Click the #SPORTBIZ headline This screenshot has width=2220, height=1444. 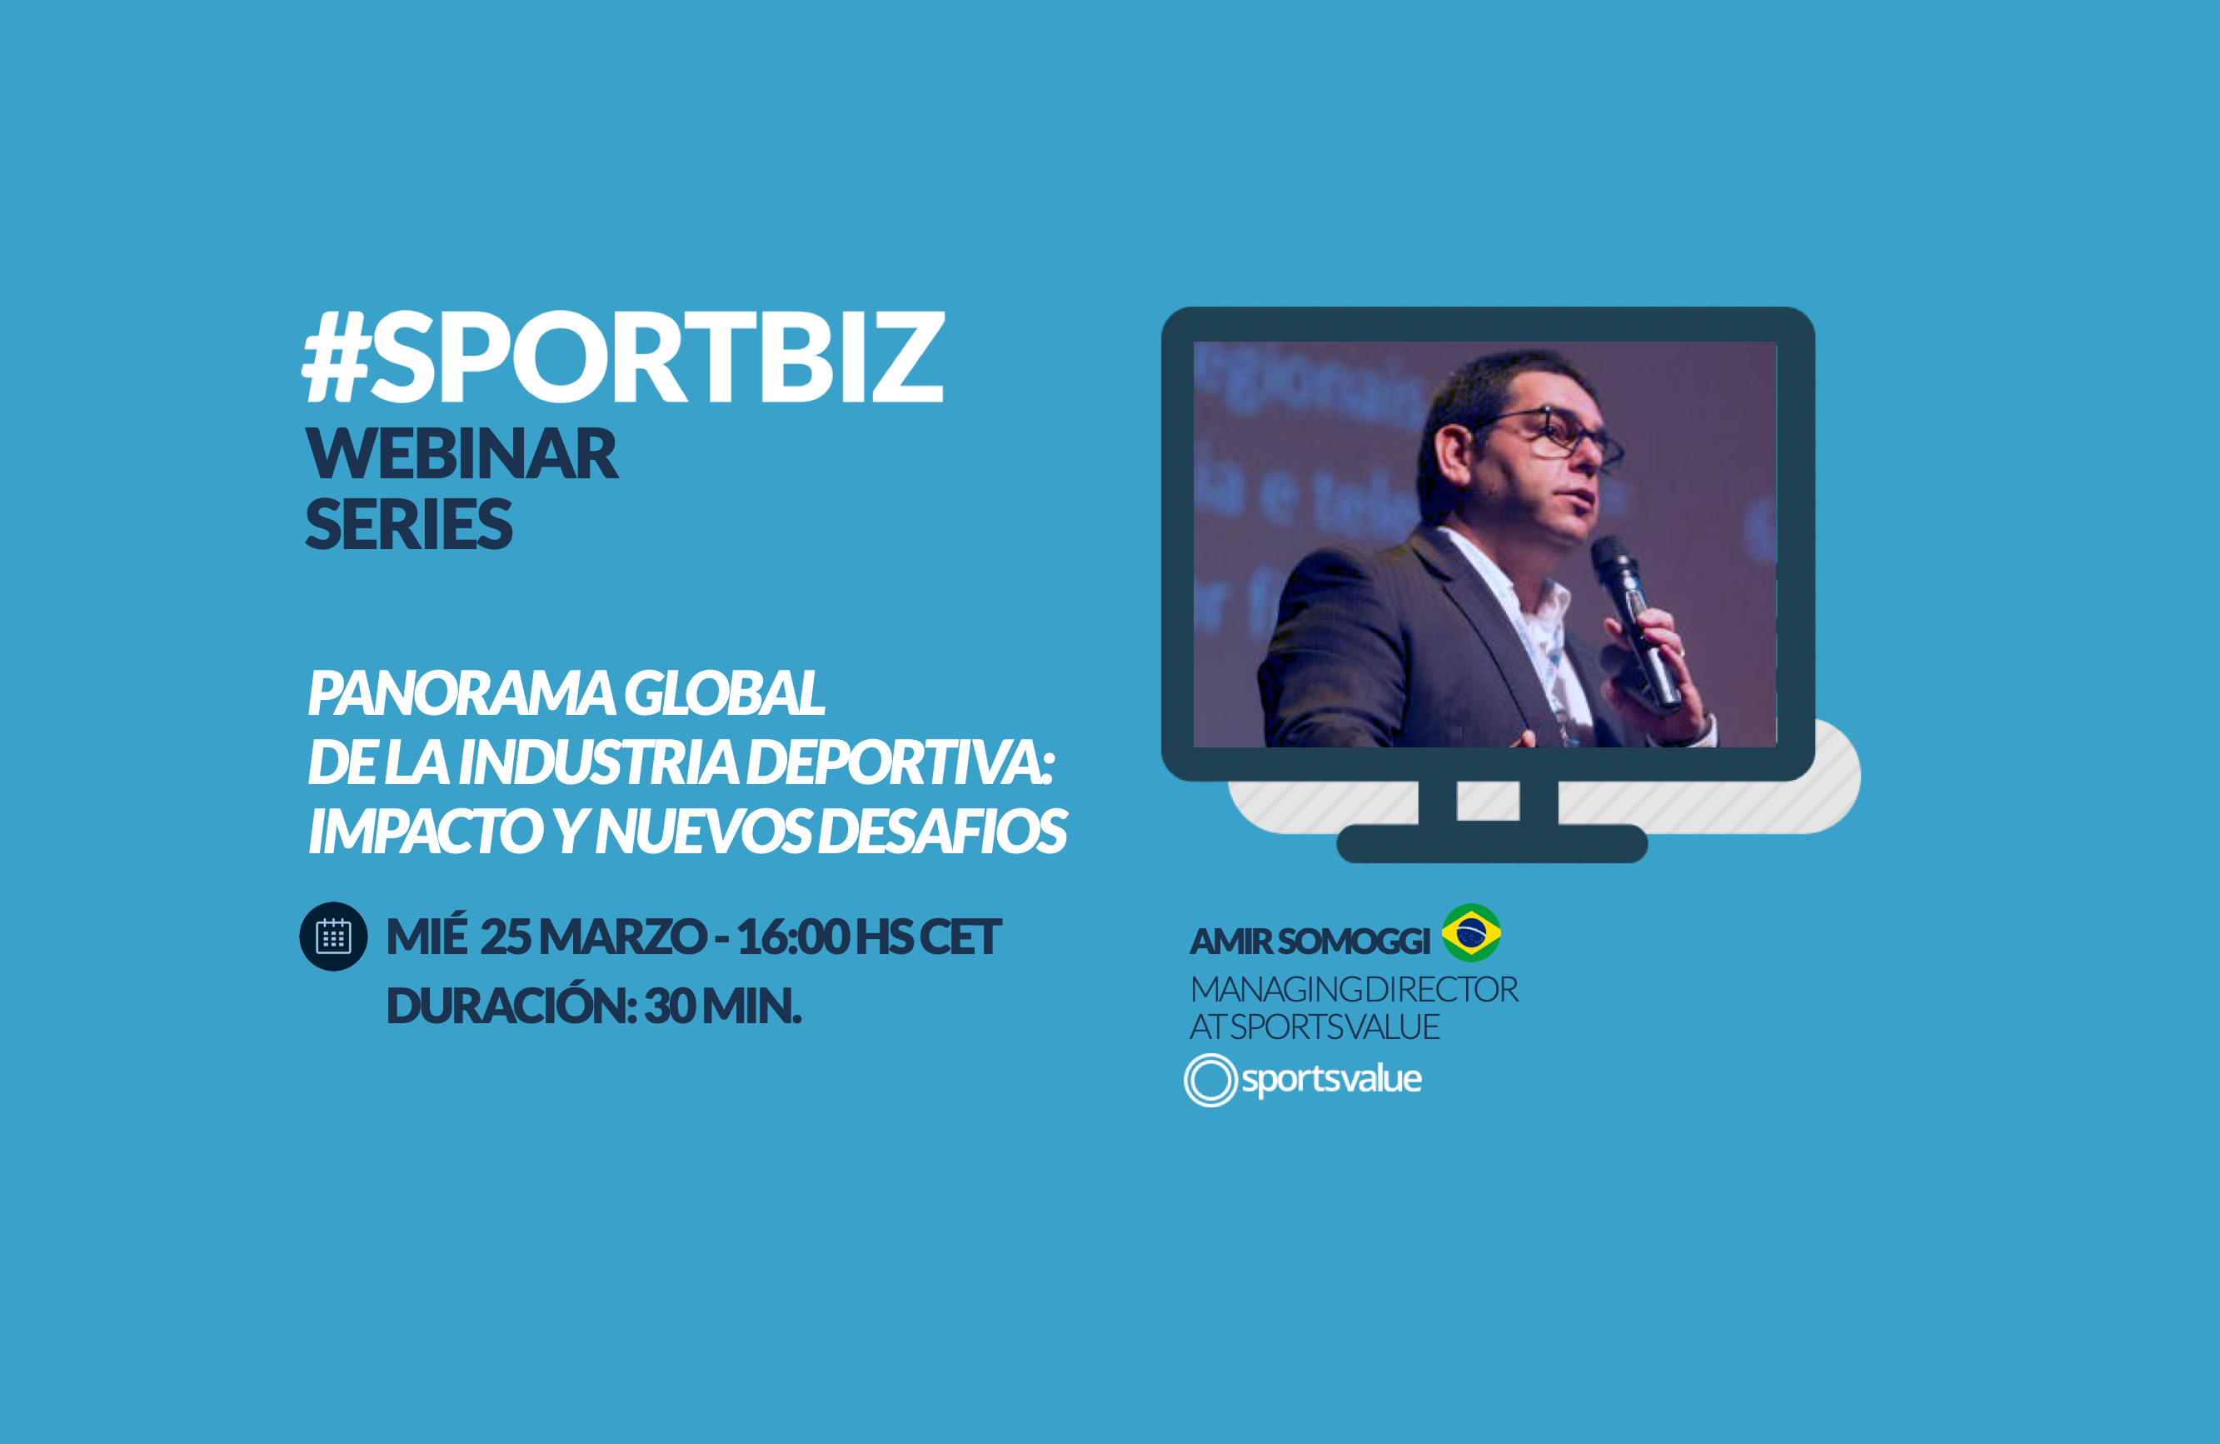(623, 357)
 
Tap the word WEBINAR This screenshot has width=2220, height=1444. (461, 454)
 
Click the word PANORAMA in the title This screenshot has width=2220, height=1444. (461, 693)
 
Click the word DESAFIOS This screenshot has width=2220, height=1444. (942, 831)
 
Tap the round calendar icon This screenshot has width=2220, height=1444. (333, 937)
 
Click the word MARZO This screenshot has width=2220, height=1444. (622, 937)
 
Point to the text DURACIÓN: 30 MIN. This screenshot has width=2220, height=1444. (593, 1006)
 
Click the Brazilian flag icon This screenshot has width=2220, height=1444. (1471, 933)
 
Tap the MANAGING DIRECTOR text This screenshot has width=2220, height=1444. (1354, 989)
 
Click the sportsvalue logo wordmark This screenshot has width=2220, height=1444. (1331, 1079)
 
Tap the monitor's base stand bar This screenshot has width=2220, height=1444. (1493, 843)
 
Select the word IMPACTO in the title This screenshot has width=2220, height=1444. (427, 831)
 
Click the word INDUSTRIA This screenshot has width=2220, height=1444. (598, 762)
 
